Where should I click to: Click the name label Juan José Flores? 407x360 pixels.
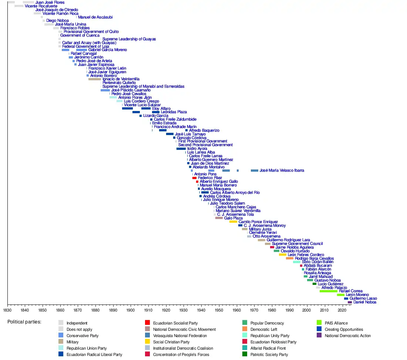point(50,2)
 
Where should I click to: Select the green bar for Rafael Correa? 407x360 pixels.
point(328,291)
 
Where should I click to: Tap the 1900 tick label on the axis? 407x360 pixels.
point(131,310)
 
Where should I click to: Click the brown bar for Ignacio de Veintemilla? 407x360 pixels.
point(94,79)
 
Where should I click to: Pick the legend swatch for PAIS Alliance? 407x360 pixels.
point(320,323)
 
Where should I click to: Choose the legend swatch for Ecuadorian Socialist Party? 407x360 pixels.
point(147,323)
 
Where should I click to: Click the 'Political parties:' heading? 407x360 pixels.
point(24,322)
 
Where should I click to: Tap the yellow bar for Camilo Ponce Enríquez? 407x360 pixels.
point(233,222)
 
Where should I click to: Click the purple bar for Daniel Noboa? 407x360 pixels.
point(350,302)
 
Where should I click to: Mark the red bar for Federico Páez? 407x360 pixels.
point(194,178)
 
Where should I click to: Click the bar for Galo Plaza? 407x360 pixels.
point(219,218)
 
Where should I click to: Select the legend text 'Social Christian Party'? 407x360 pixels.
point(171,342)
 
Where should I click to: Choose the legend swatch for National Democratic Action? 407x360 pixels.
point(320,336)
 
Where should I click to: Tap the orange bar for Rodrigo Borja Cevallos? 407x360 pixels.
point(289,258)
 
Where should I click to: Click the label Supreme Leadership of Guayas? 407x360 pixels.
point(129,39)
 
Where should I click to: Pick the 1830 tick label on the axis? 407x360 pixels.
point(7,310)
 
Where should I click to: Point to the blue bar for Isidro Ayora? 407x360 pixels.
point(181,149)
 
